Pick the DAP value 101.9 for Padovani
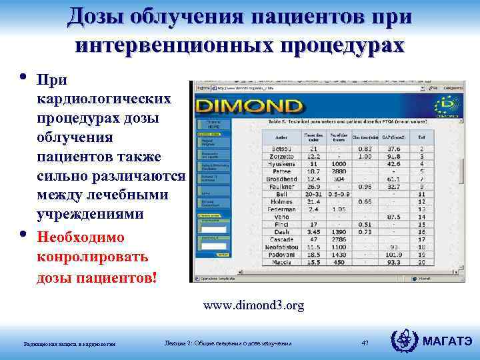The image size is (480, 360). coord(394,254)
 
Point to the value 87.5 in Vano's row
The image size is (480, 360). coord(394,217)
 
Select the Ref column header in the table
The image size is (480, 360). coord(421,135)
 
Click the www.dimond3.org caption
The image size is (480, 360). coord(253,305)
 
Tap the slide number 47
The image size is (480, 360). coord(365,343)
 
